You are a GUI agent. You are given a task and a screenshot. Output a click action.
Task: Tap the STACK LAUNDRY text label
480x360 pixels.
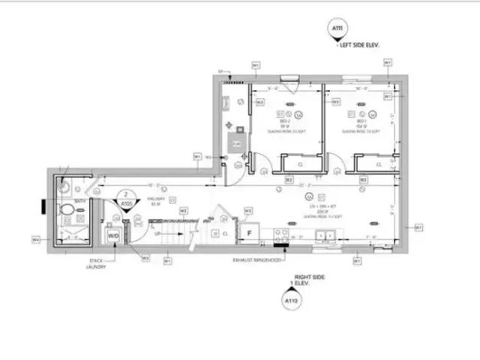tap(95, 265)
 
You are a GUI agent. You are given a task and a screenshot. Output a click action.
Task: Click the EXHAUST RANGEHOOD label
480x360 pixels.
tap(256, 259)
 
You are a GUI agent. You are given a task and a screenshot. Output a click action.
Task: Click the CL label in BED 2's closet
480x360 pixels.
tap(300, 164)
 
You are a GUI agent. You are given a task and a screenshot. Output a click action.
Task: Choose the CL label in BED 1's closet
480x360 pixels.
tap(379, 164)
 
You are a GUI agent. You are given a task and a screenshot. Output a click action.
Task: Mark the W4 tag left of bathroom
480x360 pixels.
tap(35, 240)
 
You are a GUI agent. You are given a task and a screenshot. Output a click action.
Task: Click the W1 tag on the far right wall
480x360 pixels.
tap(418, 226)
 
